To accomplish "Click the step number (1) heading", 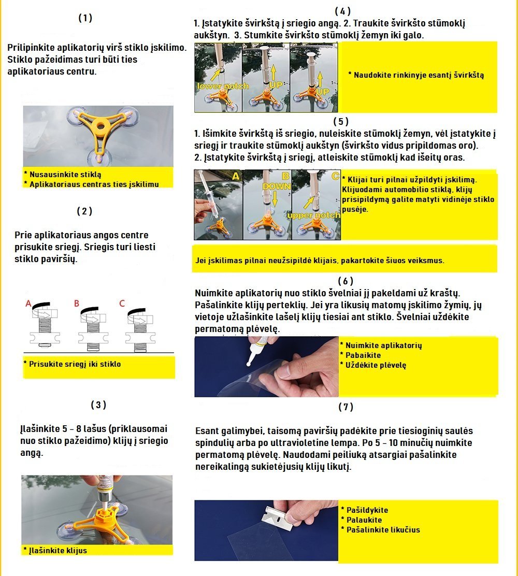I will [x=85, y=18].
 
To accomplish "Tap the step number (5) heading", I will [x=341, y=122].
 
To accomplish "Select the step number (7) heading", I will [x=346, y=407].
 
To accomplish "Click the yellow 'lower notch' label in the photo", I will [x=223, y=86].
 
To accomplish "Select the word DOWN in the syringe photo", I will [x=276, y=185].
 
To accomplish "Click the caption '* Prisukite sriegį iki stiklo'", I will [x=75, y=364].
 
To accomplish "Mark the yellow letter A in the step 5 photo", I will [x=236, y=177].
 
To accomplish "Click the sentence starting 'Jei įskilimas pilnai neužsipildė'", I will [x=320, y=261].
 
